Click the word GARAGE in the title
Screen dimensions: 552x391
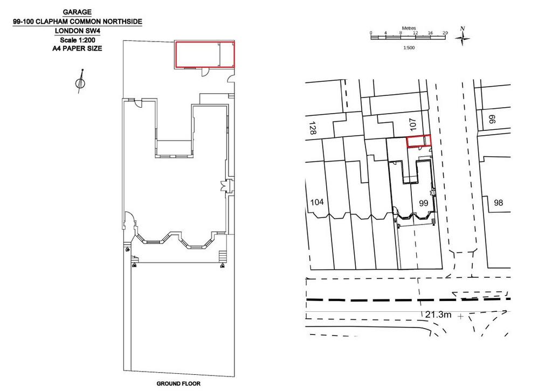click(x=77, y=12)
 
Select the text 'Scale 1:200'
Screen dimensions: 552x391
click(x=78, y=40)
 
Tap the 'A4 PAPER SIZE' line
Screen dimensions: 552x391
click(x=77, y=48)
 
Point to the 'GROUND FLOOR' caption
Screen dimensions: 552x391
click(x=178, y=383)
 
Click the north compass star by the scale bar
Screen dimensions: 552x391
click(x=463, y=37)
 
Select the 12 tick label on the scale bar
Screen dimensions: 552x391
click(x=416, y=33)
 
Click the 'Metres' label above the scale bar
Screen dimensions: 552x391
click(x=409, y=28)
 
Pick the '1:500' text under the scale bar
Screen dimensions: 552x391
click(x=409, y=48)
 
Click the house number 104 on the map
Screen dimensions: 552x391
click(x=317, y=202)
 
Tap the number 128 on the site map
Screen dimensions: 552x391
click(x=312, y=128)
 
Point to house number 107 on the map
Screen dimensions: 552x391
click(x=413, y=124)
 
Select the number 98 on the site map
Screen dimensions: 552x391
click(x=498, y=203)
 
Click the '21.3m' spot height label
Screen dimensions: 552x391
click(x=438, y=315)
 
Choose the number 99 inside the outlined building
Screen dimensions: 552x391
click(x=423, y=203)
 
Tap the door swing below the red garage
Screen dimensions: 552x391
click(x=204, y=72)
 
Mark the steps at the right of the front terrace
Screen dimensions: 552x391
click(x=222, y=256)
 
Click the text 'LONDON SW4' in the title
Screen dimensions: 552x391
click(x=78, y=31)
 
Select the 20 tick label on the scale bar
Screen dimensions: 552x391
click(x=445, y=33)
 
